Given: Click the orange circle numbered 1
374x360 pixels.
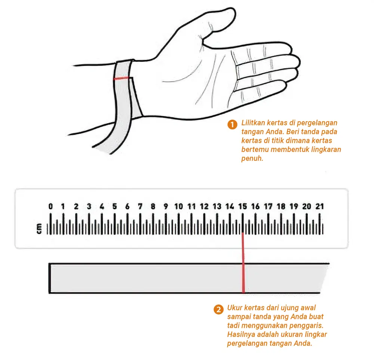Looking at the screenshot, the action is pos(232,124).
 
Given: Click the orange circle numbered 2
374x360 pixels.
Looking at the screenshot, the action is pos(218,310).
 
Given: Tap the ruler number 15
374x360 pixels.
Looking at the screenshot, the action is pos(243,206).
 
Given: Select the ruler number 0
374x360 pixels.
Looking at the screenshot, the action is pos(50,206).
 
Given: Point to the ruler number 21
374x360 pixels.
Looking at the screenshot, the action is pos(320,206).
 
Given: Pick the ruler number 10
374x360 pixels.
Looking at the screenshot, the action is pos(179,206).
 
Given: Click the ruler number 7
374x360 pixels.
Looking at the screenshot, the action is pos(140,206).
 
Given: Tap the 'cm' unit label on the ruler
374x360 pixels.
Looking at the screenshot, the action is pos(39,228).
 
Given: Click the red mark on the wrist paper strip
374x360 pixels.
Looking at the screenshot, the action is pos(122,78).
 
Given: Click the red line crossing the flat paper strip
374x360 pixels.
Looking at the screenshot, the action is pos(243,262).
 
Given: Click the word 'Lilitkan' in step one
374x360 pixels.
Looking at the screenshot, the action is pos(253,123).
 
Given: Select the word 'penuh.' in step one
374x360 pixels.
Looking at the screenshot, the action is pos(252,159).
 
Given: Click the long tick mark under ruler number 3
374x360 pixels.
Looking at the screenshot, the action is pos(89,224).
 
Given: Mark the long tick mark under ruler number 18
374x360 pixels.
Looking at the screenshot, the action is pos(281,224).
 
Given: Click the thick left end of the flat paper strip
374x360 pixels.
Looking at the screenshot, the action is pos(50,278).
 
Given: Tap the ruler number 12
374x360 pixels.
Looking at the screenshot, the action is pos(204,206).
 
